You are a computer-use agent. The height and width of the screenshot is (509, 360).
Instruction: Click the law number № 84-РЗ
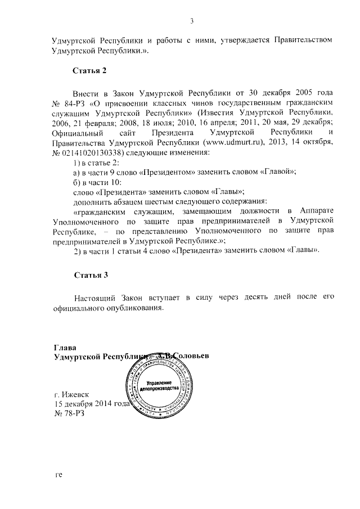67,104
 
